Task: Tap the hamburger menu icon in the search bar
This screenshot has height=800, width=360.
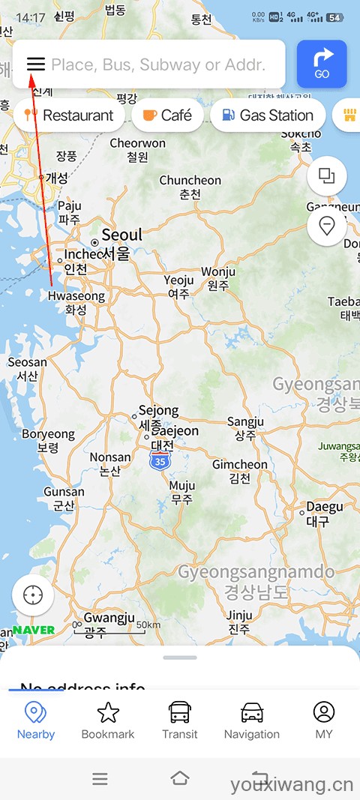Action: (x=36, y=64)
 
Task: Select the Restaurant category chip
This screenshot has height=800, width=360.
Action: (x=69, y=115)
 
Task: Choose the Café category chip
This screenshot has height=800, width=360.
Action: (x=167, y=115)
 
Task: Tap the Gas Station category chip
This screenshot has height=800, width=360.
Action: (x=268, y=115)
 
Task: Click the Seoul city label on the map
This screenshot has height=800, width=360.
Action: (x=121, y=235)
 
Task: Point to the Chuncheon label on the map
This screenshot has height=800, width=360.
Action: (x=190, y=181)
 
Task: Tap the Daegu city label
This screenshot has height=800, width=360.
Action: (x=324, y=508)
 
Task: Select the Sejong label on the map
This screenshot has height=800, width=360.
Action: (x=157, y=411)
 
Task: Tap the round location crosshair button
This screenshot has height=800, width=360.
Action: (x=33, y=596)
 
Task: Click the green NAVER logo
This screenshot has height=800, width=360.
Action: (x=34, y=630)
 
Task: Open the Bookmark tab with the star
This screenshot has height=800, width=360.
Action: (x=108, y=721)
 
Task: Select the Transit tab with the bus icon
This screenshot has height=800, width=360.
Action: (x=180, y=721)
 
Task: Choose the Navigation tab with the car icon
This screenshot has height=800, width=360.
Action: (x=252, y=721)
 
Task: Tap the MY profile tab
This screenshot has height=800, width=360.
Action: (x=324, y=721)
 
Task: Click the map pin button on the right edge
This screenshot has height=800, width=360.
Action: (x=327, y=226)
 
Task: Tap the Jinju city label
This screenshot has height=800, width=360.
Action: (x=240, y=616)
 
